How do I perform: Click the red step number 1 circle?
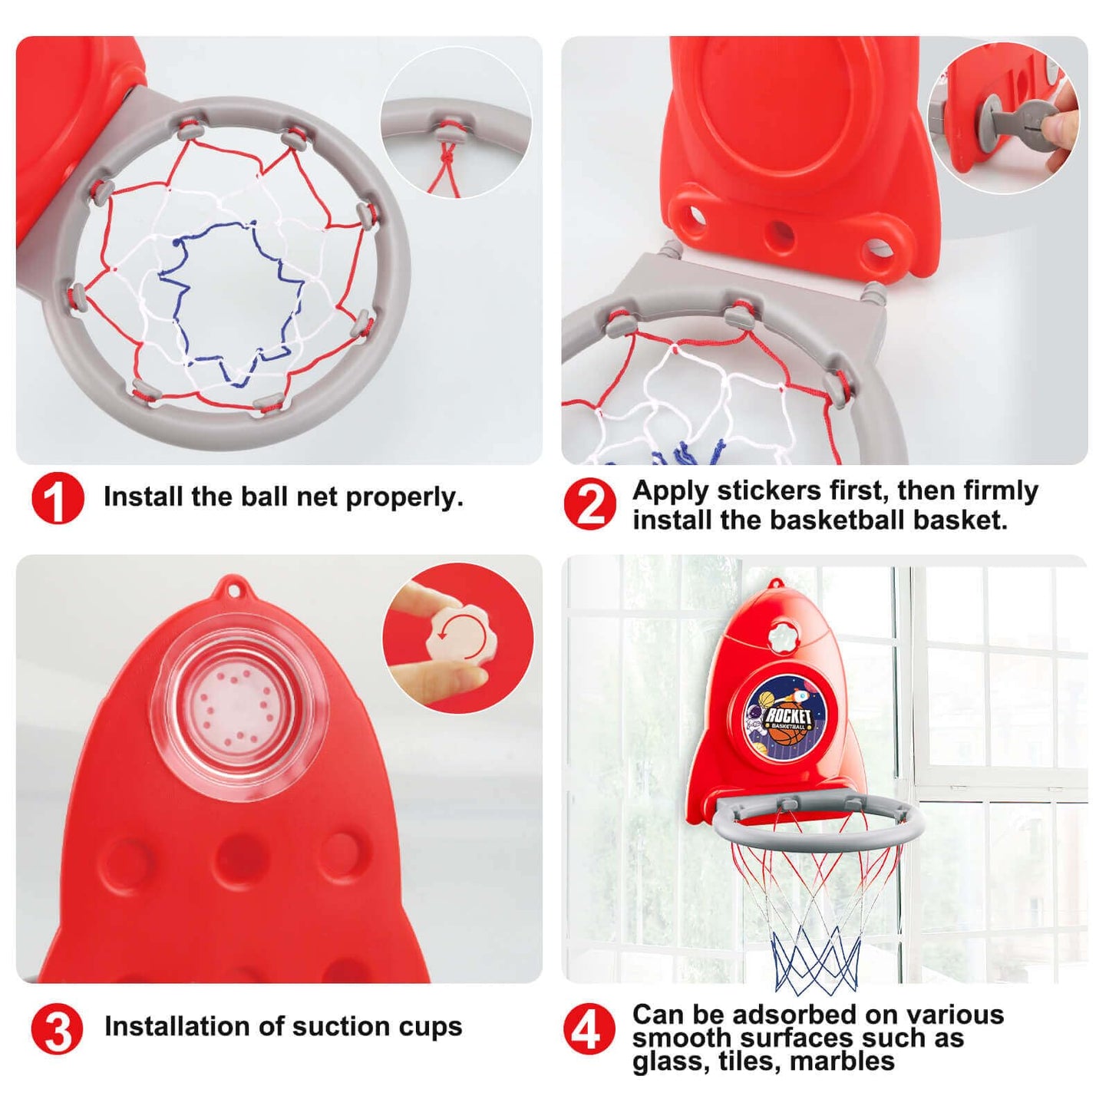(58, 498)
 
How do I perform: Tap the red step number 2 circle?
(589, 505)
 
